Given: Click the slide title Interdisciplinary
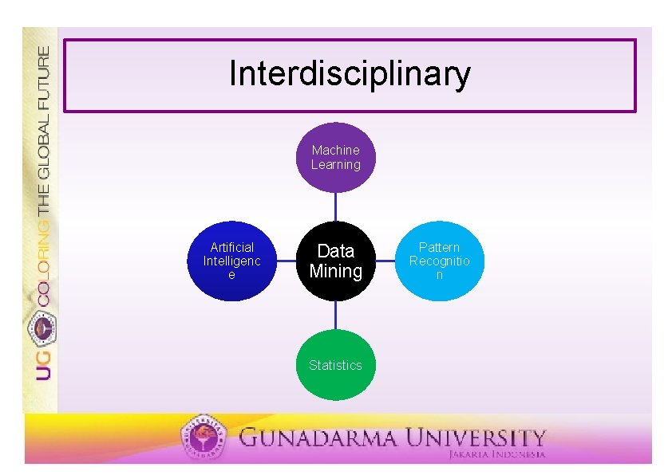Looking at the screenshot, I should pyautogui.click(x=350, y=74).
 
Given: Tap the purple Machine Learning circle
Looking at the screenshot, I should pyautogui.click(x=335, y=158).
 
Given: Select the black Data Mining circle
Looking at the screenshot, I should pyautogui.click(x=335, y=261).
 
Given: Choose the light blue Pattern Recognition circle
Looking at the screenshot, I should pyautogui.click(x=439, y=261).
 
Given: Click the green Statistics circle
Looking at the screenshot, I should pyautogui.click(x=335, y=365).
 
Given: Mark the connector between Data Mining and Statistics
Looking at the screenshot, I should pyautogui.click(x=335, y=315).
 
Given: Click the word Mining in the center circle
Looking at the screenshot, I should pyautogui.click(x=335, y=272).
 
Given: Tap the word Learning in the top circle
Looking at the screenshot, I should pyautogui.click(x=335, y=165).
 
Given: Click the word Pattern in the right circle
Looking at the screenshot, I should pyautogui.click(x=439, y=247).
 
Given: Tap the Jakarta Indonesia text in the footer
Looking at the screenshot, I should pyautogui.click(x=496, y=454).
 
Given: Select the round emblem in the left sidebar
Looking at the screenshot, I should pyautogui.click(x=42, y=327).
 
